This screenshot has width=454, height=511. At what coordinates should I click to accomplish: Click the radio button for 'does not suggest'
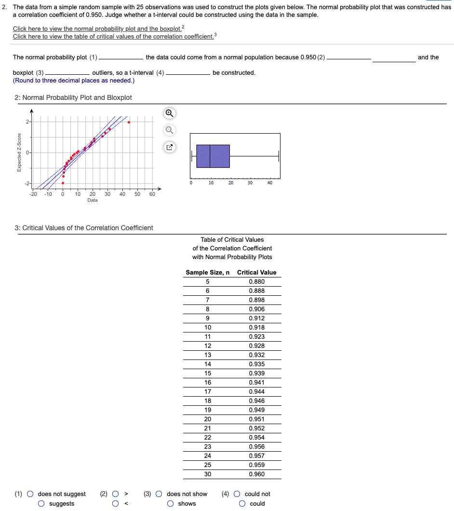click(x=30, y=494)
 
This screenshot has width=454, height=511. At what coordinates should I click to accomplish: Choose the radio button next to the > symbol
click(x=116, y=494)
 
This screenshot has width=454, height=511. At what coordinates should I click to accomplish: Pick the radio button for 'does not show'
click(x=159, y=494)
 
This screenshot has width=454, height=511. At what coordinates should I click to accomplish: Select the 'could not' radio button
click(x=237, y=494)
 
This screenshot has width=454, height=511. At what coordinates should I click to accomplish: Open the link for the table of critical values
click(x=113, y=37)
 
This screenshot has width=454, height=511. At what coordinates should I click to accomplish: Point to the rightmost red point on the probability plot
click(x=129, y=122)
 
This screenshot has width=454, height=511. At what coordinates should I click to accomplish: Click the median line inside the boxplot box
click(x=210, y=156)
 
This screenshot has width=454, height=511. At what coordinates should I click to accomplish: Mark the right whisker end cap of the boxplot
click(x=279, y=156)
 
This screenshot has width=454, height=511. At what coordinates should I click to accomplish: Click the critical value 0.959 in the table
click(x=256, y=465)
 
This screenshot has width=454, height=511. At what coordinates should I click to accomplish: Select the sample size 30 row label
click(x=207, y=474)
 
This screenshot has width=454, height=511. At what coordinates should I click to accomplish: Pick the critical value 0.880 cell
click(x=256, y=282)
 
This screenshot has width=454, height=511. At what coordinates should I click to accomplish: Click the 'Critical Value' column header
click(x=256, y=273)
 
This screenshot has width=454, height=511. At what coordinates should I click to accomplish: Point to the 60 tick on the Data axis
click(x=152, y=194)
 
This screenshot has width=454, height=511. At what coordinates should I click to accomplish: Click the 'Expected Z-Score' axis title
click(x=19, y=152)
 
